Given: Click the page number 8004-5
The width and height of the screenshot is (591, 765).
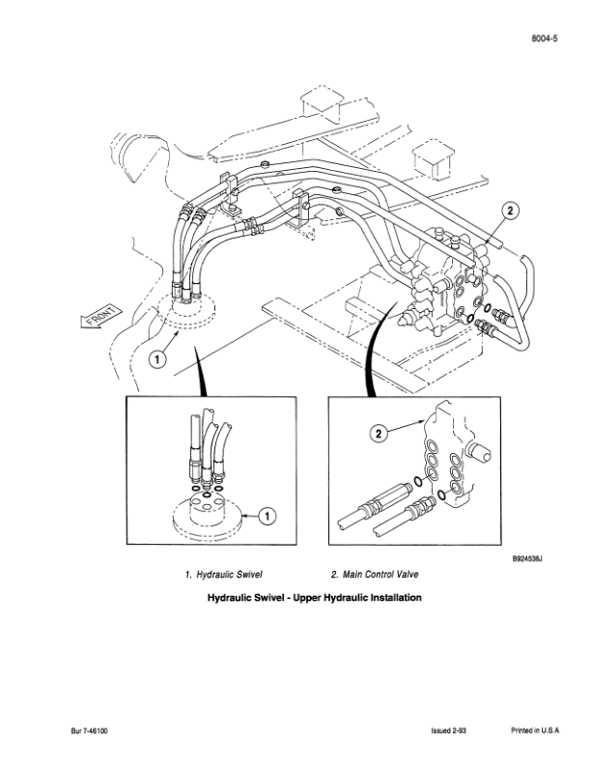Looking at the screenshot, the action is [x=545, y=38].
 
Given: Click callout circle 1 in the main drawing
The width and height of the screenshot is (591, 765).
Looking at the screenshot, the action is [x=157, y=360].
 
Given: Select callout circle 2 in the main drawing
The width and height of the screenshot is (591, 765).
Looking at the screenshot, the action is [x=510, y=211].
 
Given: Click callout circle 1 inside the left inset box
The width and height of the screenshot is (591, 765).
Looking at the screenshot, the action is [x=267, y=515].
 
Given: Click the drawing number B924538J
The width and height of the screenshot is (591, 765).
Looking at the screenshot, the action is [x=527, y=559].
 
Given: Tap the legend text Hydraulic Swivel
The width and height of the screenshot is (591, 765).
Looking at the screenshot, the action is [x=229, y=575].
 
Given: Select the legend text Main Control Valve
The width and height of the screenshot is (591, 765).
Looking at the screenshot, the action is [x=380, y=575].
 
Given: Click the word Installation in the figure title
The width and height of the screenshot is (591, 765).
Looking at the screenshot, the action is [x=396, y=597].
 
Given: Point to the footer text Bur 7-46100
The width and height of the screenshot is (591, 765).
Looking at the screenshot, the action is [x=89, y=731].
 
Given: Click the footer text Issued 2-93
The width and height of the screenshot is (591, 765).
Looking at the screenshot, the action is [x=449, y=731].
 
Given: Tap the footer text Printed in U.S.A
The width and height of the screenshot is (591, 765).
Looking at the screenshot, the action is [x=535, y=731].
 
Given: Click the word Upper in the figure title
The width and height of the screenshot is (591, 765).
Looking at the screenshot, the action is [x=306, y=597].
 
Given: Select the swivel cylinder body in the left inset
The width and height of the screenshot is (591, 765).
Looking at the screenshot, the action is [x=208, y=510].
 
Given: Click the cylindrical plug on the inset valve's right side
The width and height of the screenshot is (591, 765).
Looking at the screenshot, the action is [x=479, y=452].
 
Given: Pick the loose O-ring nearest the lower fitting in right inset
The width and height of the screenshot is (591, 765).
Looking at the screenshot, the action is [x=441, y=495].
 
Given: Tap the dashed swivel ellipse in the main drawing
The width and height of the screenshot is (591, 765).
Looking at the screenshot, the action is [x=186, y=312].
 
